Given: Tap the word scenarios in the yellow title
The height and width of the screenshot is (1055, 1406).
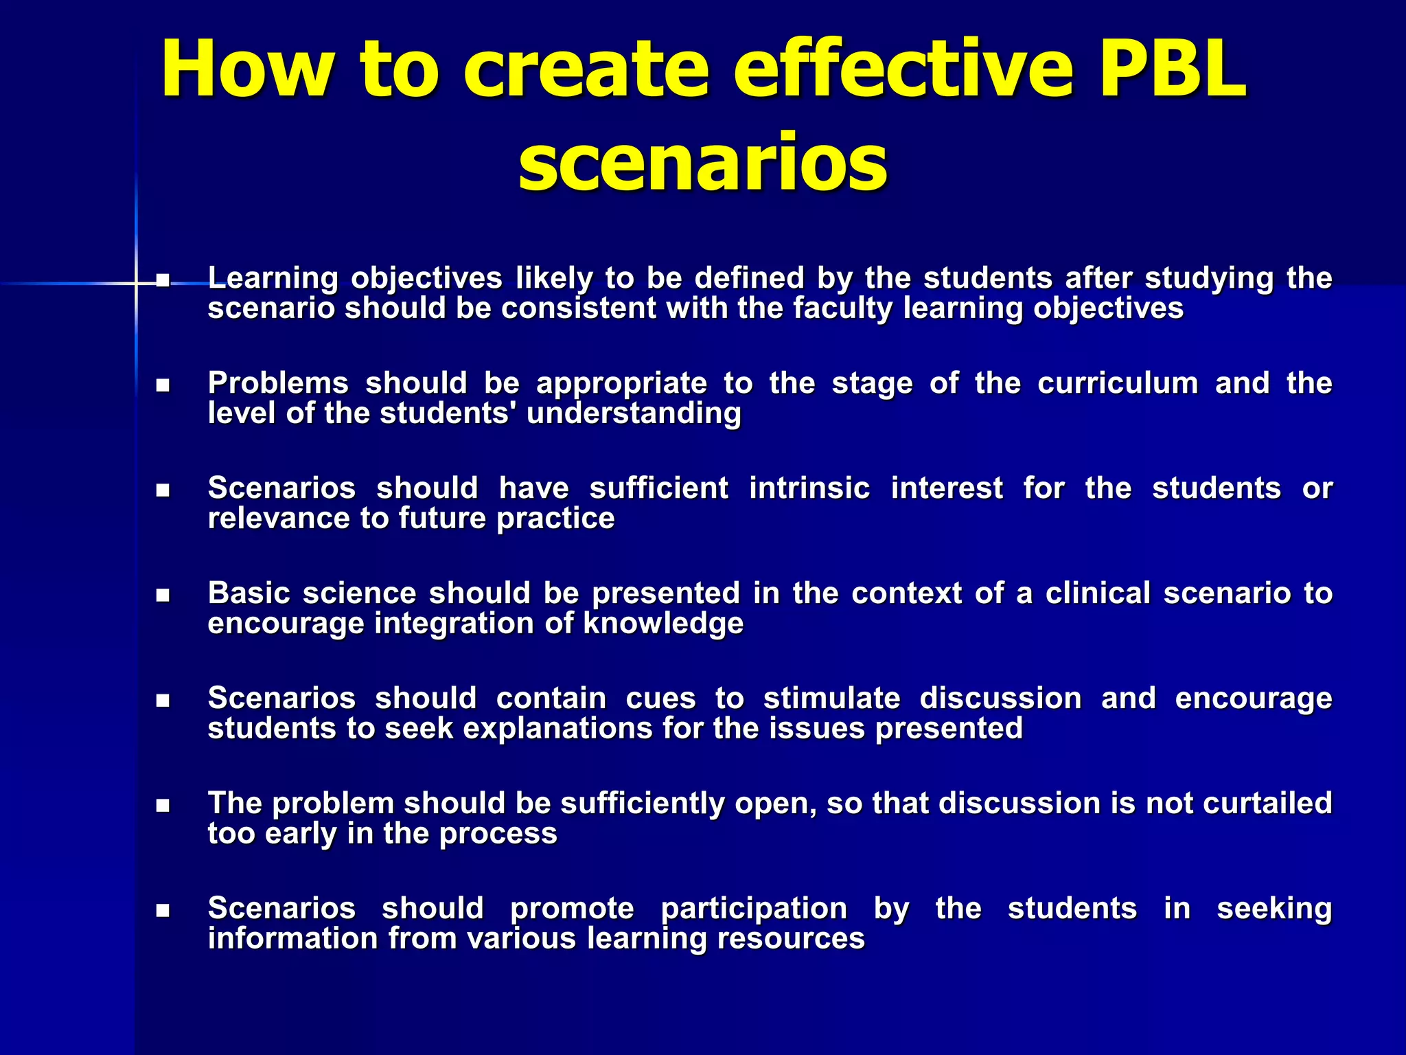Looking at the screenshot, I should point(702,162).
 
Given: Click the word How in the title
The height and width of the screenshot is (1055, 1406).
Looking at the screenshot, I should point(246,70).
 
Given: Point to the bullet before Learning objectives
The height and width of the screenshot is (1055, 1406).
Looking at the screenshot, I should point(163,280).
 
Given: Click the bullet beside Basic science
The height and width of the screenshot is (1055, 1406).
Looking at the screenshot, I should point(163,595).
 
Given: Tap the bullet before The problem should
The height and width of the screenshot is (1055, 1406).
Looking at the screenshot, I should point(163,805).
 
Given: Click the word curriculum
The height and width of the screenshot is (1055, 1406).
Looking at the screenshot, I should point(1117,383).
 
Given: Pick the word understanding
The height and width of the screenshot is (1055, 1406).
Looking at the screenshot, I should point(633,413).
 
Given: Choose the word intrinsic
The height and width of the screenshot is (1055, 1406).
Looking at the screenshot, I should point(809,488).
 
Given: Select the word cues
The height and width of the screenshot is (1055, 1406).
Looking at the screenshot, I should point(660,699).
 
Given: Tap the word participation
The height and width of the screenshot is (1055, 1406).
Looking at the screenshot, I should point(754,909).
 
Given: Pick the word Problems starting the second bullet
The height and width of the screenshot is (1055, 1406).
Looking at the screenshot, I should point(278,383).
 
